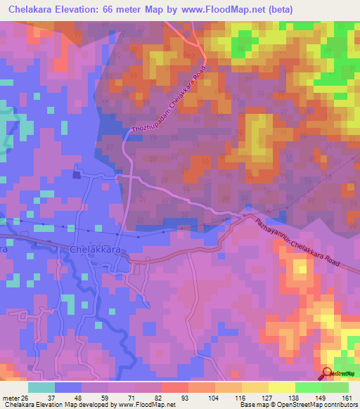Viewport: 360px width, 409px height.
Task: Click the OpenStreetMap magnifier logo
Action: (x=328, y=375)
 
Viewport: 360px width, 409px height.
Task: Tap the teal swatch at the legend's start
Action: (x=41, y=387)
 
